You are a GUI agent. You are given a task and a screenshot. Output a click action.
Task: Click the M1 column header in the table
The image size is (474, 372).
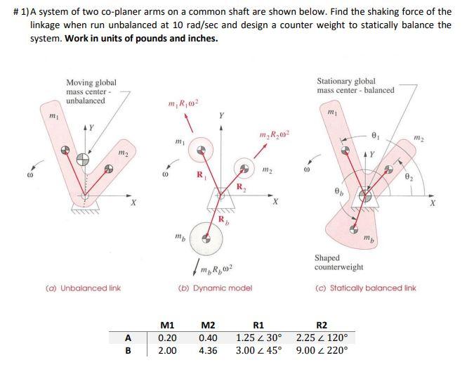[x=167, y=325]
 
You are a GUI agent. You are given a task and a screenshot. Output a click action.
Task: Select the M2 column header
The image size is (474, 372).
[x=208, y=325]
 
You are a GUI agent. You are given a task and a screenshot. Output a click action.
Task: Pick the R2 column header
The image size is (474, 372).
[x=322, y=325]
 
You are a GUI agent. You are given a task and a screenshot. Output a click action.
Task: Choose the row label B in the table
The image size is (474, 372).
[x=127, y=350]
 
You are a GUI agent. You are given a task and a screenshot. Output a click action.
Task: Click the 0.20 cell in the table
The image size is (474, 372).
[x=167, y=338]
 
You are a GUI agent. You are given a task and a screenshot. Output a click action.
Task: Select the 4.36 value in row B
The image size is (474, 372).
[x=209, y=350]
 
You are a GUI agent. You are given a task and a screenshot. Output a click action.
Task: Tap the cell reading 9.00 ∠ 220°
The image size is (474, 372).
[x=322, y=350]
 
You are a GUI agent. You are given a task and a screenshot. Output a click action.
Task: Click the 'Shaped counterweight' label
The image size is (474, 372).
[x=338, y=262]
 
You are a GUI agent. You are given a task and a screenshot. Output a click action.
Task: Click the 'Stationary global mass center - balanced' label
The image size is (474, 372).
[x=355, y=85]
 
